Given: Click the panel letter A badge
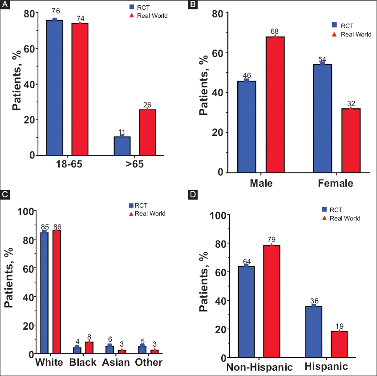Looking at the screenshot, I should [x=5, y=5].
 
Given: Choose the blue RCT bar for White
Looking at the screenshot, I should [x=44, y=292].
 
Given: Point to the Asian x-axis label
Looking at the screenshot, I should [x=115, y=362].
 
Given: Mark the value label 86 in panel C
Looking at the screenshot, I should [x=57, y=227].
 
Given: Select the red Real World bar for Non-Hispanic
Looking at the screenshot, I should [x=272, y=301].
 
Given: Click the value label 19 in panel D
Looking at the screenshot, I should [x=339, y=327].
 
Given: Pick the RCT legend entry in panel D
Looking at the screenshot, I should [x=336, y=208].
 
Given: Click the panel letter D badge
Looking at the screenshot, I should [x=193, y=196].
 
